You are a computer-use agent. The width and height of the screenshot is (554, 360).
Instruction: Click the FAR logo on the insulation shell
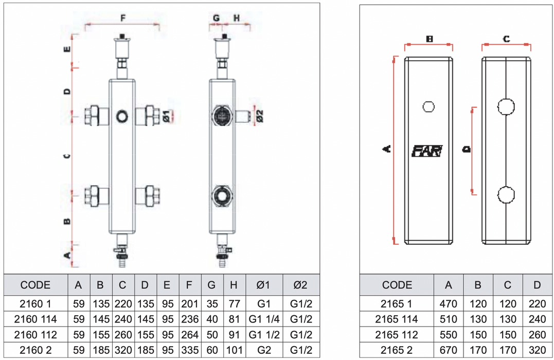426,151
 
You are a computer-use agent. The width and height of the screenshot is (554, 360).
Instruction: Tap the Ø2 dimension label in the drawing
259,116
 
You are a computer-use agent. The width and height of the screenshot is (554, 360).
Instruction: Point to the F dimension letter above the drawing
123,18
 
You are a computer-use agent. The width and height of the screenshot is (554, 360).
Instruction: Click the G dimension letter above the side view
216,18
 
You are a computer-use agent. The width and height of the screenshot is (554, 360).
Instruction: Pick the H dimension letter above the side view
237,18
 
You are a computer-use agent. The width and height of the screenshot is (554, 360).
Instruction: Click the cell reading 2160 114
35,319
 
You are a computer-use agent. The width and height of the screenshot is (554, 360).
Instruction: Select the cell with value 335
190,350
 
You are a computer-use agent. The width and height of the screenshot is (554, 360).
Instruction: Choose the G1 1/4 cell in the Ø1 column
264,319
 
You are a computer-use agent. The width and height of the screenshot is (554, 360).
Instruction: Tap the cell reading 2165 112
397,335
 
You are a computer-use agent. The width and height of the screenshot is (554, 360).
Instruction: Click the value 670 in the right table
448,350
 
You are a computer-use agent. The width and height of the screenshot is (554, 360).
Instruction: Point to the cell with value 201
190,304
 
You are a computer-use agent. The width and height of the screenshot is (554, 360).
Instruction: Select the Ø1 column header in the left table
264,285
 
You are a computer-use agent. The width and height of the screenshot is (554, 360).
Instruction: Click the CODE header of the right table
397,285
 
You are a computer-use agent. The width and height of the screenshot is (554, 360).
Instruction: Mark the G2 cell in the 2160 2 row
264,350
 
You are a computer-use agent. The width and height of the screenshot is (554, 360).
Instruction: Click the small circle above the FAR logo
428,107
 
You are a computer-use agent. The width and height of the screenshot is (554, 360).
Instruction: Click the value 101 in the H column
234,350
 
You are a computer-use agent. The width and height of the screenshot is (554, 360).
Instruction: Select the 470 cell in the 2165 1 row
448,304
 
